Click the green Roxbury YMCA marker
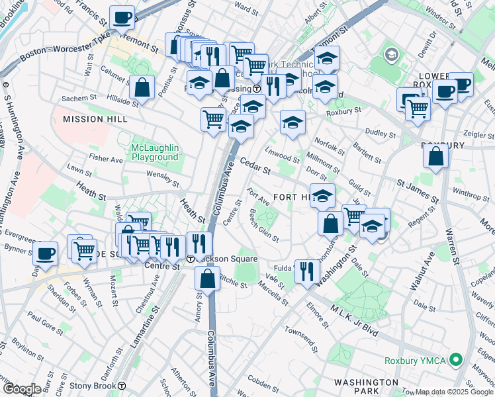(x=455, y=361)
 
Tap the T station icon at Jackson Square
(x=190, y=259)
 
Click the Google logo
(x=22, y=389)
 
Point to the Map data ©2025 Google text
(x=454, y=392)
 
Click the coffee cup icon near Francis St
(x=121, y=18)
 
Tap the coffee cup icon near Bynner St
(x=45, y=253)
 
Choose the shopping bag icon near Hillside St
(x=142, y=87)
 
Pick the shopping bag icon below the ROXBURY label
(x=435, y=157)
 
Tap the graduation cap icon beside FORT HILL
(x=322, y=196)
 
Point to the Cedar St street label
(x=255, y=165)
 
